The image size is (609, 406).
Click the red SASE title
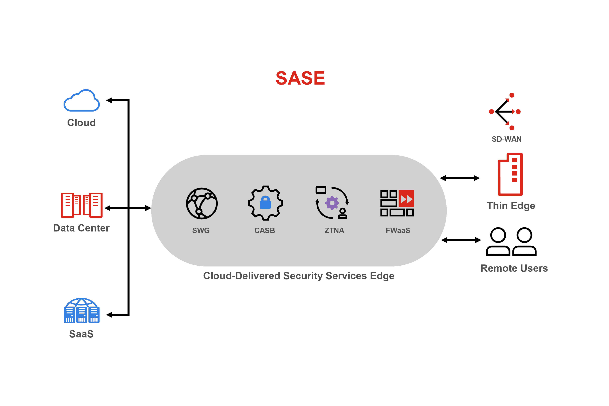[300, 78]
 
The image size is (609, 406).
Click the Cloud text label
[81, 123]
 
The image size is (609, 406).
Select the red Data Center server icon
[82, 205]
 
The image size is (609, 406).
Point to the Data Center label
[81, 228]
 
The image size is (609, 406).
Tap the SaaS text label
[81, 334]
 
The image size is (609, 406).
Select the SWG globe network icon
[202, 203]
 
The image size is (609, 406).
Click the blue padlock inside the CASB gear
[265, 203]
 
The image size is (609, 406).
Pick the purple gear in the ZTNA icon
[332, 203]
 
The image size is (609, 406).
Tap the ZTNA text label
[334, 230]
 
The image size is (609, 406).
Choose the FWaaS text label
[398, 230]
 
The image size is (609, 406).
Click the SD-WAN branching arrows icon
[505, 112]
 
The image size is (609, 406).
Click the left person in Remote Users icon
[498, 241]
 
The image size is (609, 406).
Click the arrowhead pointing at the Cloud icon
[109, 101]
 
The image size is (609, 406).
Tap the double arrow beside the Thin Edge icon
[460, 178]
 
